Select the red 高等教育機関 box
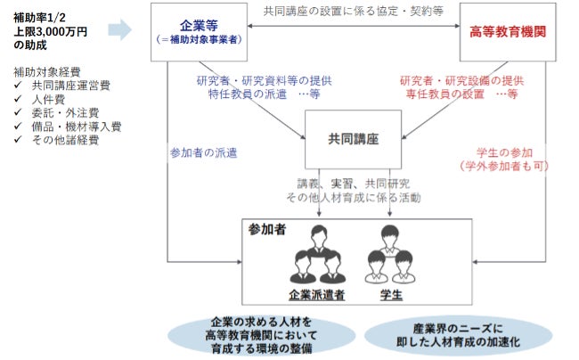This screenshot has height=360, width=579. coord(507,31)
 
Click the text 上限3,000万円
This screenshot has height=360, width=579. coord(50,31)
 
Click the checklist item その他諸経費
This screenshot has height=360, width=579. coord(62,140)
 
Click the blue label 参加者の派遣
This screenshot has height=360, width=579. coord(203,153)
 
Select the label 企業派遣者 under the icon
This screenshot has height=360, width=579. coord(317,293)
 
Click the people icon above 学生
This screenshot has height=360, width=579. coord(390,254)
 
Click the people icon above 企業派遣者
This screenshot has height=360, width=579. coord(317,254)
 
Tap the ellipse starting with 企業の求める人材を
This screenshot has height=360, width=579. coord(262,335)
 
